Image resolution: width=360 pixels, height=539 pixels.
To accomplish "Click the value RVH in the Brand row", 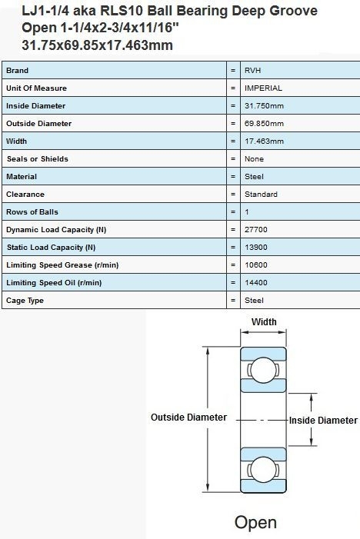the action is tap(252, 71).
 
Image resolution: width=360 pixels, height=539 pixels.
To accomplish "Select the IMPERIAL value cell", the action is tap(263, 88).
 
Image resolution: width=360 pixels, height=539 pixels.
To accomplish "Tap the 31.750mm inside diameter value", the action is tap(264, 106).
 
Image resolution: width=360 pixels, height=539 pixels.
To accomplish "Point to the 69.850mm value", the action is tap(264, 123).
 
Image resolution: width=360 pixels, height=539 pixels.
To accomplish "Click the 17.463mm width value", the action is tap(264, 141).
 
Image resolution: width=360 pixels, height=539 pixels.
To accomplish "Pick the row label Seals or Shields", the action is tap(37, 159).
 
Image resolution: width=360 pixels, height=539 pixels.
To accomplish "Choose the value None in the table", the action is tap(254, 159).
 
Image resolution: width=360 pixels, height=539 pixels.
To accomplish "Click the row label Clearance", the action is tap(25, 195).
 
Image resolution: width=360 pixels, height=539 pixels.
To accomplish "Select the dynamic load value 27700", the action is tap(256, 230).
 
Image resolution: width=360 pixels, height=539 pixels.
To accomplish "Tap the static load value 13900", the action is tap(256, 247).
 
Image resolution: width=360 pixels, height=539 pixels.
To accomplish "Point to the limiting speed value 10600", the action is tap(256, 265).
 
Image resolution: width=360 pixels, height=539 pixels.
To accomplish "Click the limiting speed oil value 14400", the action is tap(256, 282).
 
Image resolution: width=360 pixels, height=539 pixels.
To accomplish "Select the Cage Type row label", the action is tap(25, 301).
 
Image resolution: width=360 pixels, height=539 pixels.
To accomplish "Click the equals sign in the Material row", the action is tap(233, 177).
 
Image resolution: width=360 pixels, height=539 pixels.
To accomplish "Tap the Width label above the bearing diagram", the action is tap(264, 321).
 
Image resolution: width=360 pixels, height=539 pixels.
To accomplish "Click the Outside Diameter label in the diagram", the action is tap(188, 418).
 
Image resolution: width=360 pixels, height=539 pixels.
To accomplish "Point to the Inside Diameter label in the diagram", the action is tap(323, 421).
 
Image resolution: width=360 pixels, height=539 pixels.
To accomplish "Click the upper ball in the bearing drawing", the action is tap(263, 370).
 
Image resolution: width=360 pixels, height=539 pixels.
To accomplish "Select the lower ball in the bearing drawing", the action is tap(263, 469).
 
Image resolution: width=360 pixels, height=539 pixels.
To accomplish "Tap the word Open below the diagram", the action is tap(255, 523).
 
